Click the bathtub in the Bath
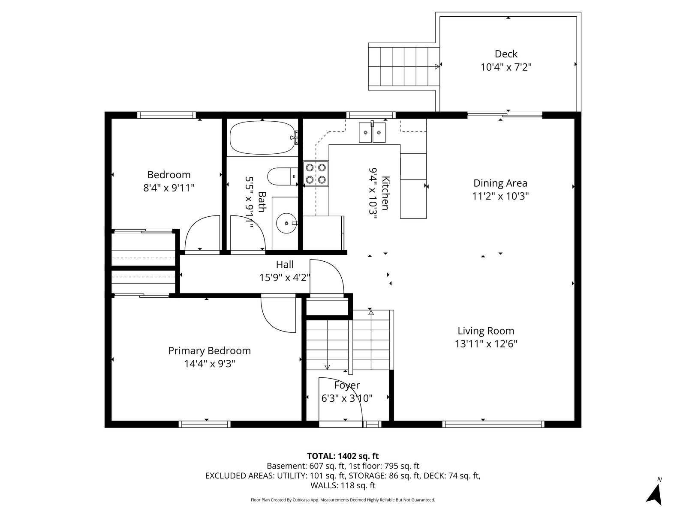point(262,137)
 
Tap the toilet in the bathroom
point(283,176)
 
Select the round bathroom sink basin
point(286,223)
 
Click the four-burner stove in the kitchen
point(316,174)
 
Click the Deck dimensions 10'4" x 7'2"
point(505,67)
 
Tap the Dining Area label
point(500,183)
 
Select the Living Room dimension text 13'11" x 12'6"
point(486,344)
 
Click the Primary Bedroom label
point(209,350)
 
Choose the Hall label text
point(285,264)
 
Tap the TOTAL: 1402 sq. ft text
point(343,456)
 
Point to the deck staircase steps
point(404,66)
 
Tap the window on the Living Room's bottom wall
point(493,424)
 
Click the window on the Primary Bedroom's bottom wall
point(205,424)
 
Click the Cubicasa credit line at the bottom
point(343,499)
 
